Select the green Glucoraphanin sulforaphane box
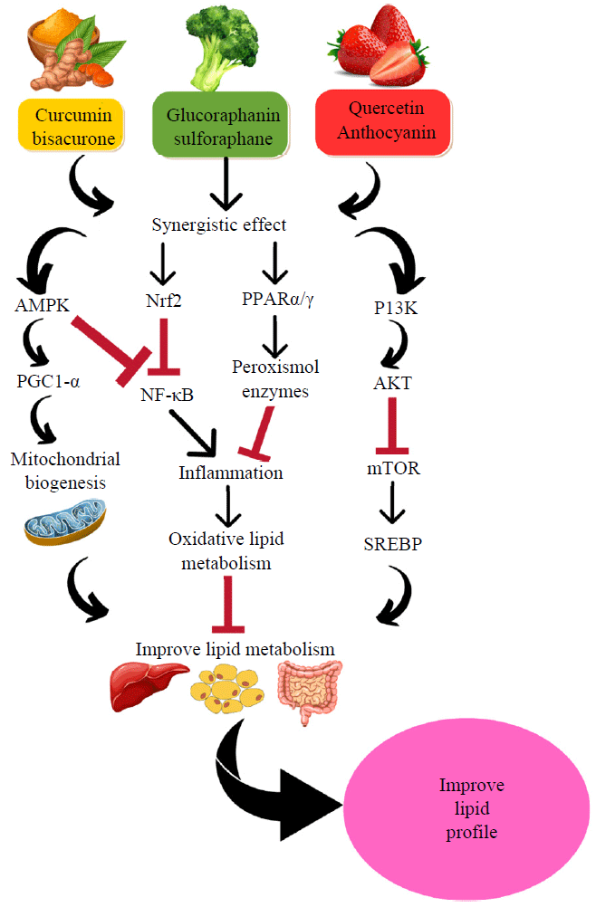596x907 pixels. coord(222,126)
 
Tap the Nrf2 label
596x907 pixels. coord(163,301)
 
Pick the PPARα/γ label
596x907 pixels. coord(277,301)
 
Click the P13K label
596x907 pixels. coord(397,307)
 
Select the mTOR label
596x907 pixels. coord(394,469)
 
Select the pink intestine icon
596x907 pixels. coord(311,690)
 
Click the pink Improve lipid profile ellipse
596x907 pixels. coord(470,807)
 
